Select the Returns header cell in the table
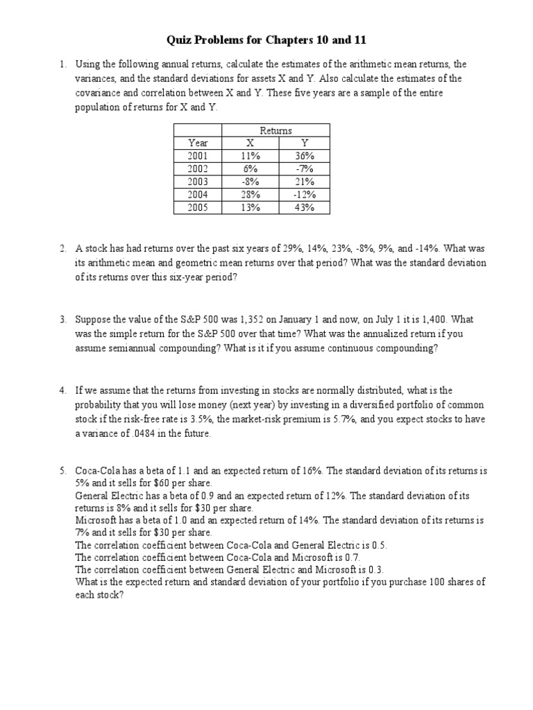tap(276, 130)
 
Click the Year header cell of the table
tap(197, 143)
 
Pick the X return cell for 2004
tap(250, 194)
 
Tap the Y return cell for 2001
tap(304, 156)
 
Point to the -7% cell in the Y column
tap(304, 168)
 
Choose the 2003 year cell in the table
tap(197, 182)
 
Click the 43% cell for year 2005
tap(304, 207)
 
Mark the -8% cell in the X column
tap(250, 182)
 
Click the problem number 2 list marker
tap(62, 248)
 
